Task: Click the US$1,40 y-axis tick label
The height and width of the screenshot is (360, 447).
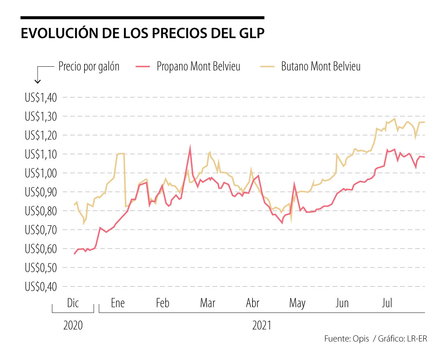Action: click(40, 98)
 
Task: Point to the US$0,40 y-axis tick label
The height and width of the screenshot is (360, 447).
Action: click(40, 287)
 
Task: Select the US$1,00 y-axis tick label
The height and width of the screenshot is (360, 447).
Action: click(40, 173)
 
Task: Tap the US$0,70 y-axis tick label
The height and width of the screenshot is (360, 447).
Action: click(40, 230)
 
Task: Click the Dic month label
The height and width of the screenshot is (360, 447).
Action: click(73, 303)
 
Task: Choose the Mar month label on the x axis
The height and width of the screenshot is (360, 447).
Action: click(207, 303)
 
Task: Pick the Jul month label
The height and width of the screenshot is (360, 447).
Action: click(387, 303)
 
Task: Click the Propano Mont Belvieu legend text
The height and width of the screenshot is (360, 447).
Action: click(198, 67)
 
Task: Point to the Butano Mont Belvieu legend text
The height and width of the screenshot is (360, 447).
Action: click(321, 67)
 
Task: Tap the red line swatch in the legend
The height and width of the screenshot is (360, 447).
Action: click(143, 67)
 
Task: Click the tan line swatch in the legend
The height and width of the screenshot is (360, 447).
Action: click(267, 67)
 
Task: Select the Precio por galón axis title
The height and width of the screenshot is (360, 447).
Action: click(89, 67)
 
